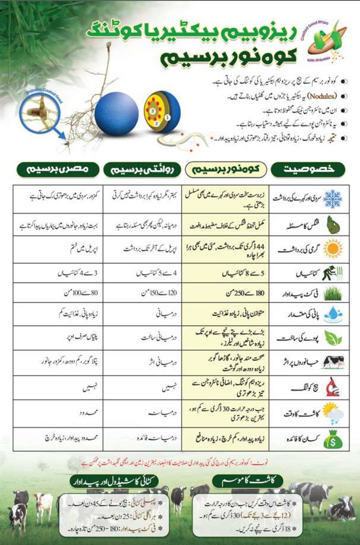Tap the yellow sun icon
(333, 249)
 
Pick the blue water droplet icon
(333, 314)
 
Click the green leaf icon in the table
(333, 338)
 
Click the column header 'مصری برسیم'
(58, 170)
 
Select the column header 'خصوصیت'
(308, 170)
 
